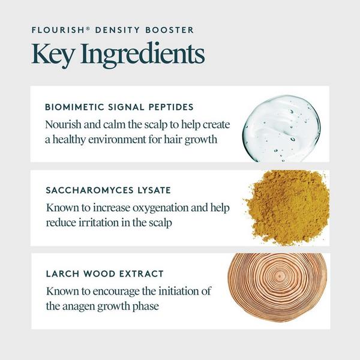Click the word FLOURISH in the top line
pyautogui.click(x=55, y=29)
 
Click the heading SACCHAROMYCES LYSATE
pyautogui.click(x=108, y=190)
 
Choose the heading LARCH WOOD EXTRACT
pyautogui.click(x=104, y=274)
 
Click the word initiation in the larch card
pyautogui.click(x=177, y=292)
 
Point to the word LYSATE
pyautogui.click(x=152, y=190)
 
